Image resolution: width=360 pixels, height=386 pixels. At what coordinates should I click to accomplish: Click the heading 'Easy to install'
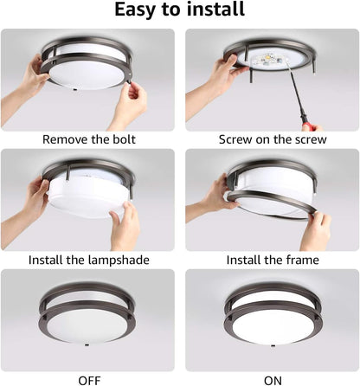pos(180,10)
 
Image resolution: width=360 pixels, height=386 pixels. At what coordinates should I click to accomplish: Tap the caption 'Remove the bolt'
pos(89,138)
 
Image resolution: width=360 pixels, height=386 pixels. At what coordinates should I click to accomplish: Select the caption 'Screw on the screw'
pos(271,138)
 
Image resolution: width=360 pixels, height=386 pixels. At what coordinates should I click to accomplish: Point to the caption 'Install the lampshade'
pos(89,259)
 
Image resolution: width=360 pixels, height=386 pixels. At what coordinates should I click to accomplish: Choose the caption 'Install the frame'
pos(271,259)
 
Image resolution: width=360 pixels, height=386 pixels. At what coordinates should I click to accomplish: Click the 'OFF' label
pos(89,378)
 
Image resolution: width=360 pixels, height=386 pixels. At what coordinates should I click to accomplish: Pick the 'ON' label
pos(271,378)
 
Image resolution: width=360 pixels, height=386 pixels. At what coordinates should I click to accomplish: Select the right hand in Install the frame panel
pos(317,230)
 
